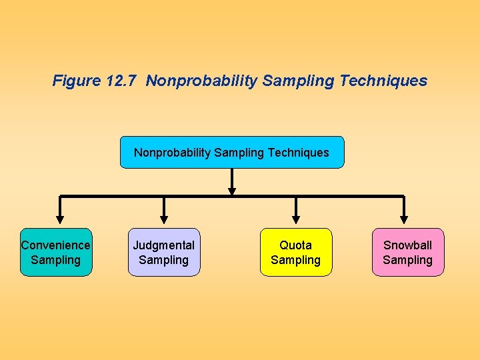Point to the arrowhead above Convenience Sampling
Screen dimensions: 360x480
coord(60,218)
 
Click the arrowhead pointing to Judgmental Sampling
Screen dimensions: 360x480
coord(164,218)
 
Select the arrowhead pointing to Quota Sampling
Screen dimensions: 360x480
coord(296,218)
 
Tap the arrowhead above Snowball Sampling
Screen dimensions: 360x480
coord(404,218)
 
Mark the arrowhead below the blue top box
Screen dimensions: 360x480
coord(232,191)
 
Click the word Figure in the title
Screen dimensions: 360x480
coord(77,81)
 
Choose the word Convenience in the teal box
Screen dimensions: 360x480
coord(56,245)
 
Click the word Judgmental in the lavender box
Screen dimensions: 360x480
coord(164,245)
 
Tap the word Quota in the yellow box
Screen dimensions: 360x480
coord(296,245)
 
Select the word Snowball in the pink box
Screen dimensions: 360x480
coord(408,245)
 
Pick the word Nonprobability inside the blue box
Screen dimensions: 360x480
coord(173,153)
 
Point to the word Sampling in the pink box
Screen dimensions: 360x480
coord(408,260)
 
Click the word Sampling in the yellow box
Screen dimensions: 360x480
coord(296,260)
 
